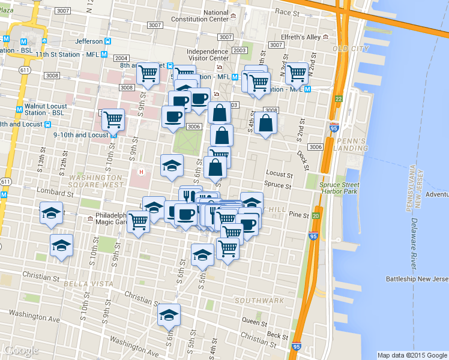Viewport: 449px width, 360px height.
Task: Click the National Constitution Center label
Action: (x=225, y=16)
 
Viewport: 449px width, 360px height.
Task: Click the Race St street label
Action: (x=287, y=12)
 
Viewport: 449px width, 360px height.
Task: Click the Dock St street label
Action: (x=304, y=158)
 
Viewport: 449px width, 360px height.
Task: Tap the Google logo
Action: (x=21, y=350)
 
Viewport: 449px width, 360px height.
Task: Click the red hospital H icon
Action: (x=142, y=172)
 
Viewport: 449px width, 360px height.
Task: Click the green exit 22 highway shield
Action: (x=339, y=99)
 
